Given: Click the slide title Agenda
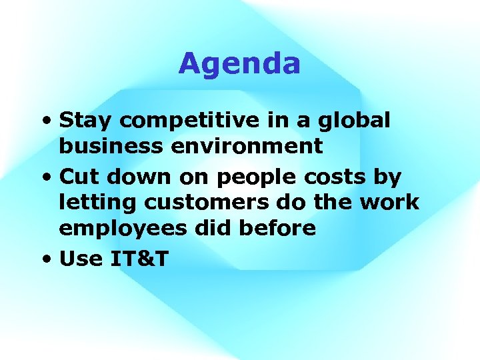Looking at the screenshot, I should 239,65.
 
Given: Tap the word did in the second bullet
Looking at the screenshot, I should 214,228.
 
